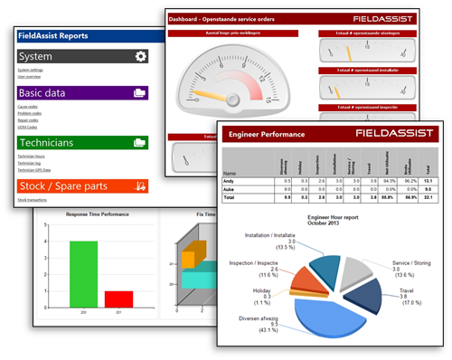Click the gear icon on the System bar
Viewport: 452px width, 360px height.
click(140, 56)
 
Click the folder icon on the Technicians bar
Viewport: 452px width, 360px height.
click(139, 142)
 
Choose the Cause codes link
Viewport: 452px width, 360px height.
click(27, 107)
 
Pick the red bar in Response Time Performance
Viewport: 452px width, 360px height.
click(118, 299)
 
